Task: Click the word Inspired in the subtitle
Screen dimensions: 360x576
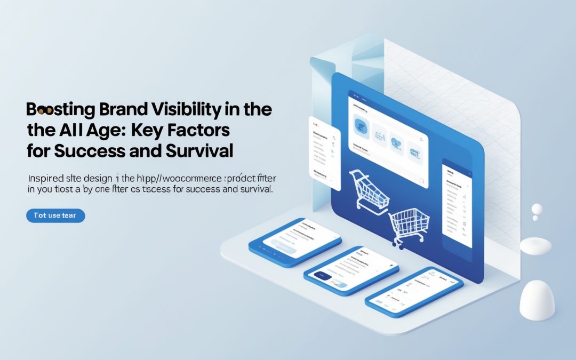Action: [45, 178]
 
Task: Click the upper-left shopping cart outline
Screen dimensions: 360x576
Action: [369, 189]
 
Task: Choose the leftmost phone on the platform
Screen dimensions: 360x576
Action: [295, 241]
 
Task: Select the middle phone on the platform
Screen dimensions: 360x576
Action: [351, 271]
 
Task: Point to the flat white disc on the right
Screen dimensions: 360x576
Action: [535, 245]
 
